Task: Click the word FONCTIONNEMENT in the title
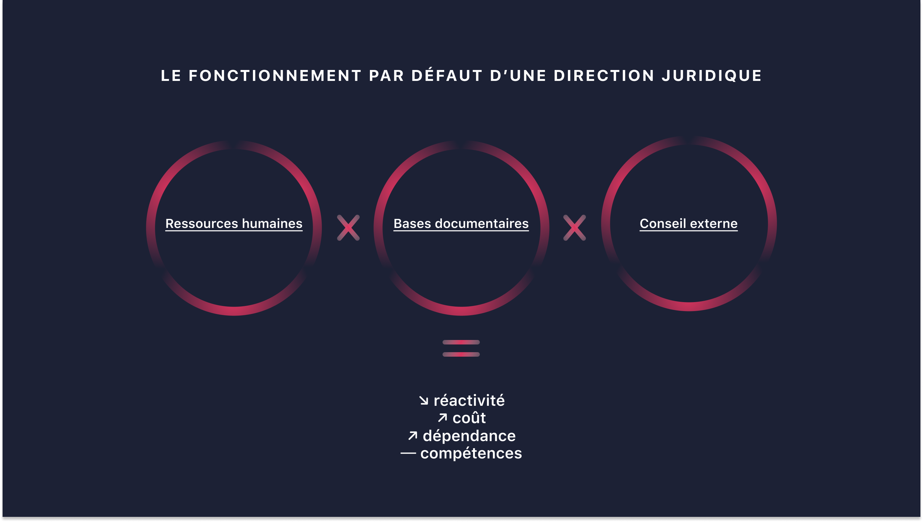(275, 76)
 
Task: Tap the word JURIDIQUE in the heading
(712, 76)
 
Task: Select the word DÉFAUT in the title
(447, 76)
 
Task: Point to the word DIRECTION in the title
(604, 76)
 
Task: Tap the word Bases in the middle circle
(412, 224)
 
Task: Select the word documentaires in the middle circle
(482, 224)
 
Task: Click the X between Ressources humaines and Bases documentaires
(348, 228)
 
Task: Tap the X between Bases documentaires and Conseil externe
(575, 228)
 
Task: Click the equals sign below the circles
(461, 348)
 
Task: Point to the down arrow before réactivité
(424, 400)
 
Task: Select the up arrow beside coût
(443, 418)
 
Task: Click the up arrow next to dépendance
(413, 436)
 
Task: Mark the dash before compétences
(408, 453)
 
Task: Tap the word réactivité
(469, 400)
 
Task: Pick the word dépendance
(469, 436)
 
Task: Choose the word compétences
(471, 454)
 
